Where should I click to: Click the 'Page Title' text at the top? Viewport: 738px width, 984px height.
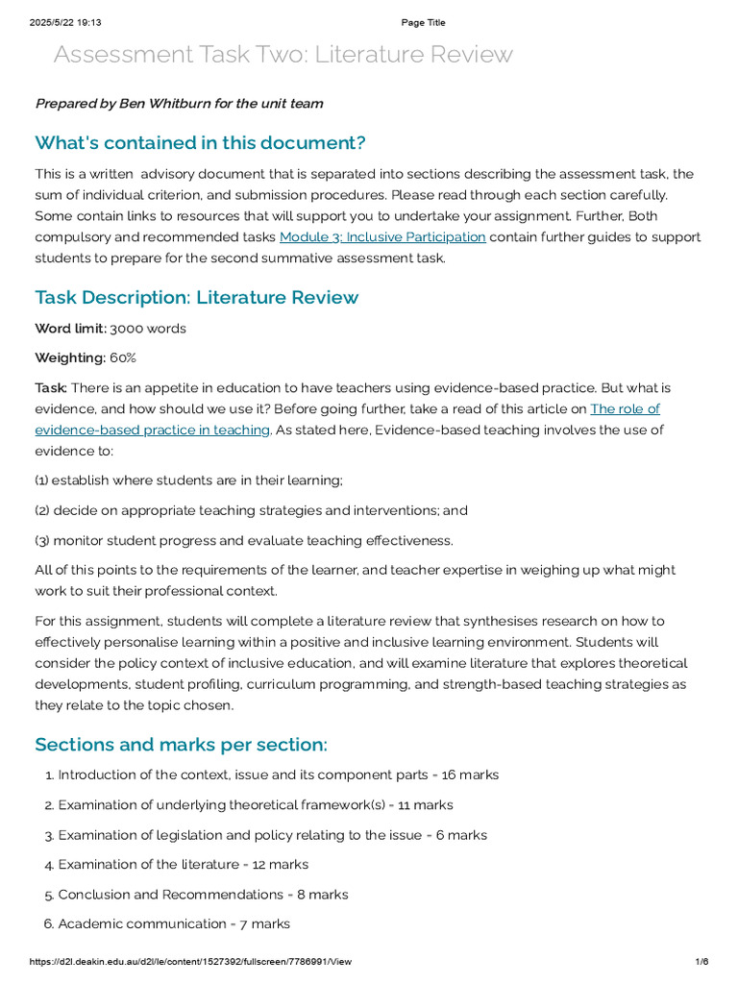pos(423,23)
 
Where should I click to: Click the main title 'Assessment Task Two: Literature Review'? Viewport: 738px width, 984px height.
pos(283,55)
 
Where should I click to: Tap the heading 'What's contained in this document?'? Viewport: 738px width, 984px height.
pos(200,143)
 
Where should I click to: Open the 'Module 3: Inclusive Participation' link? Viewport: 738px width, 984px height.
pos(381,237)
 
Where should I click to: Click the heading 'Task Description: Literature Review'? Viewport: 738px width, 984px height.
pos(196,297)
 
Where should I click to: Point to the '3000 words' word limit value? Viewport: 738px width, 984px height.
pos(148,329)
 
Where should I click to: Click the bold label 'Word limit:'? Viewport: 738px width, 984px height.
pos(70,329)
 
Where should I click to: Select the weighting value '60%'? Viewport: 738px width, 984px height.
pos(123,358)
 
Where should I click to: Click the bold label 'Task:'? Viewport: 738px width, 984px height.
pos(51,388)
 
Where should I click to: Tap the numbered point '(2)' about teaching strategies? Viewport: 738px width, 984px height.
pos(42,510)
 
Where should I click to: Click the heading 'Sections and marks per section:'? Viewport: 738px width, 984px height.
pos(181,745)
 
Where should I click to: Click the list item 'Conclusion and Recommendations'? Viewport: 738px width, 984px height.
pos(170,895)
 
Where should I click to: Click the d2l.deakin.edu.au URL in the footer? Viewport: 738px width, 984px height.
pos(190,962)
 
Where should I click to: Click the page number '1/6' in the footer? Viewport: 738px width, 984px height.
pos(701,962)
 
